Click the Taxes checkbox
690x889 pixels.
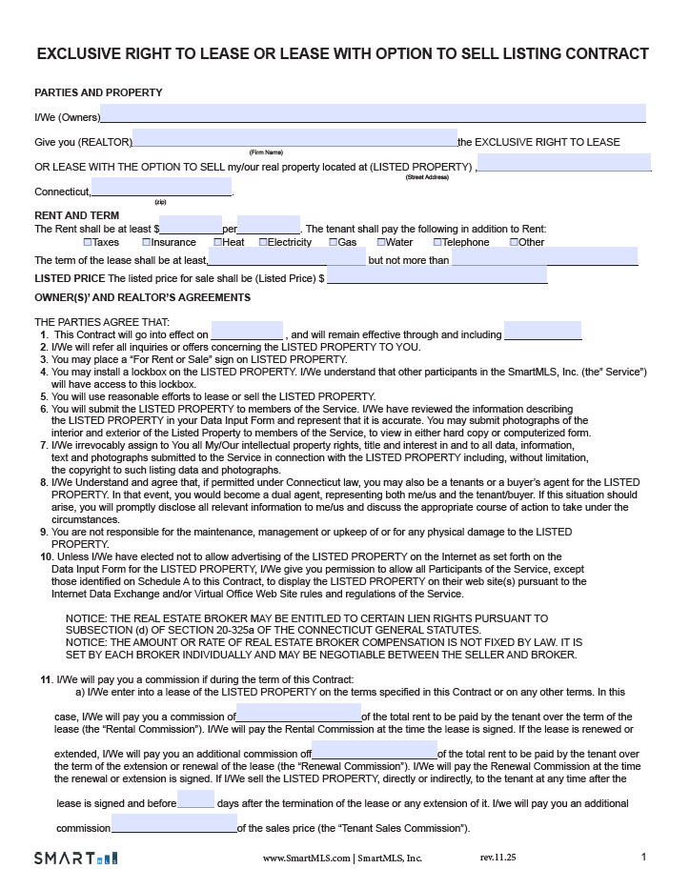click(88, 242)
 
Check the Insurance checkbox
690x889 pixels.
click(147, 242)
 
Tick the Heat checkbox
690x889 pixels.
click(217, 242)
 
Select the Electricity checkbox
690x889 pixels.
click(263, 242)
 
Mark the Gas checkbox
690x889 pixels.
click(334, 242)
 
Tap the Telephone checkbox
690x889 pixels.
click(437, 242)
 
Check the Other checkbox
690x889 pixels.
click(515, 242)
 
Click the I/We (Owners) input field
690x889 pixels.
click(373, 113)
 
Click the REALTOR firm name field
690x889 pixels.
click(294, 138)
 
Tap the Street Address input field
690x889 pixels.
click(563, 163)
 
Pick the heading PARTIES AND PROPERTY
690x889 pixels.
click(98, 92)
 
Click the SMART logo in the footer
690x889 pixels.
click(75, 858)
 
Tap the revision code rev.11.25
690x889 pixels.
click(498, 858)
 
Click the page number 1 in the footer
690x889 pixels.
click(643, 857)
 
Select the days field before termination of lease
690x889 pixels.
click(195, 799)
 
